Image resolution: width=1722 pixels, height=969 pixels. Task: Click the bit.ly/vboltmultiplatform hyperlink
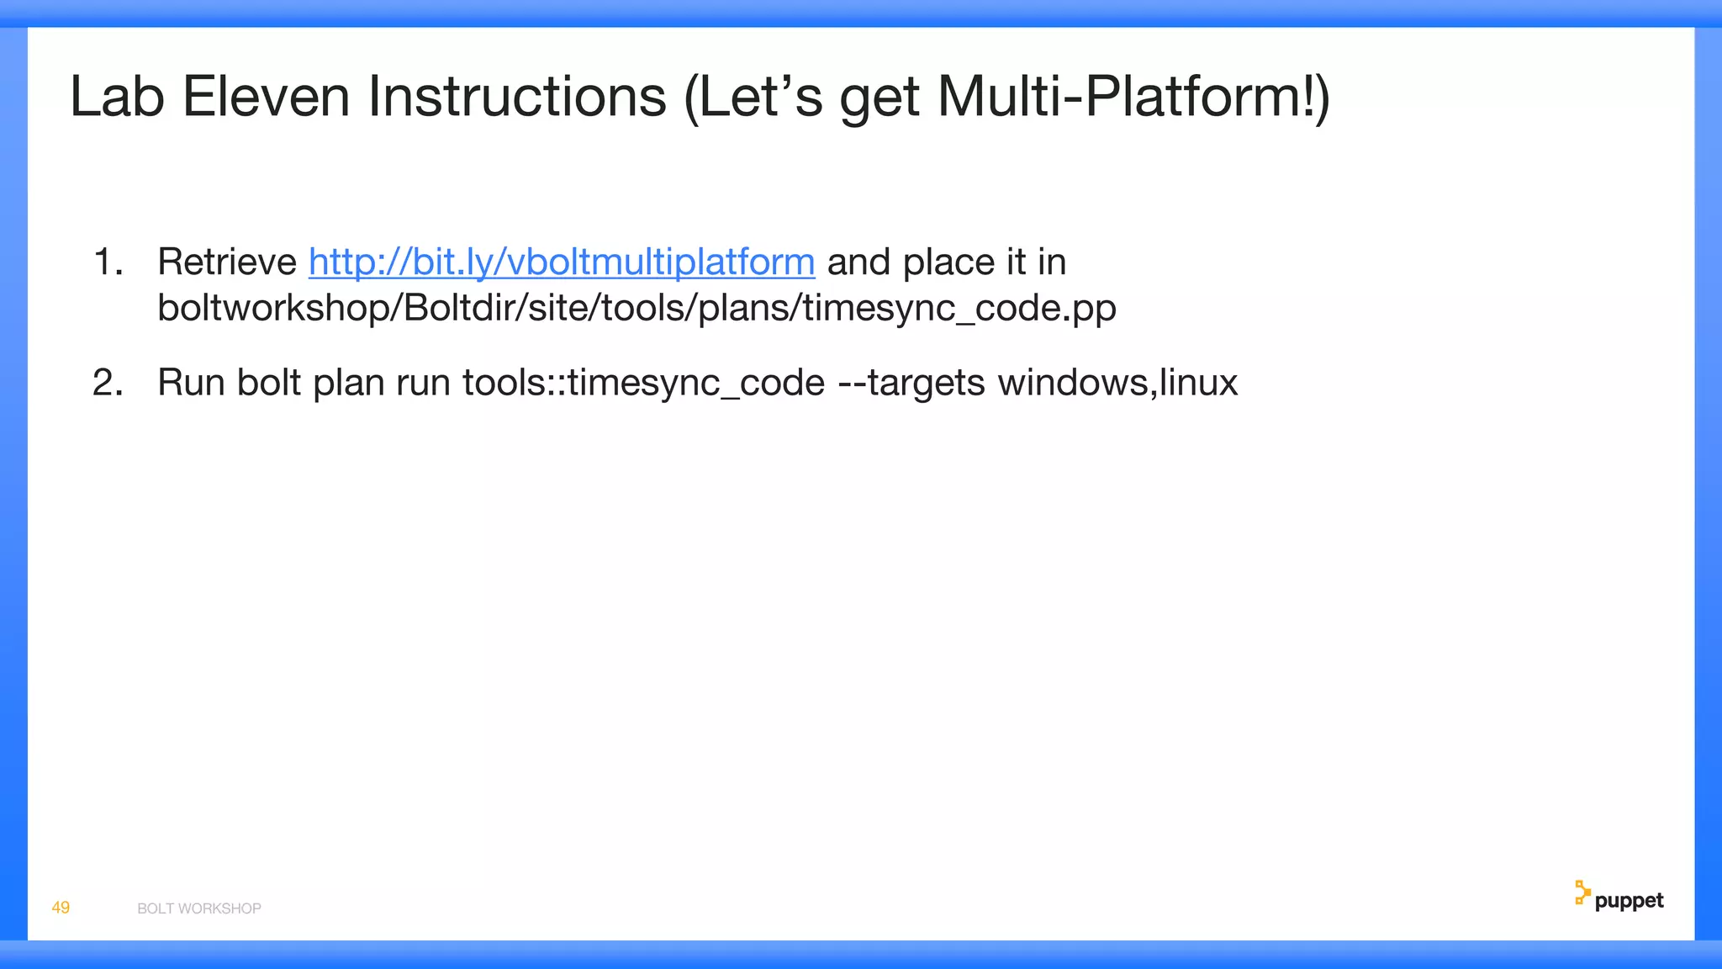(x=562, y=262)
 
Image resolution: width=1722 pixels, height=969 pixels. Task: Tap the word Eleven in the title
(x=266, y=97)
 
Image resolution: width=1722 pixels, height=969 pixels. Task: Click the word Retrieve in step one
(x=227, y=262)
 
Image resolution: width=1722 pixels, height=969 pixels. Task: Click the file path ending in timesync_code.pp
(x=637, y=308)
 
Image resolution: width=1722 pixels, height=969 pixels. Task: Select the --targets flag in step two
(x=911, y=384)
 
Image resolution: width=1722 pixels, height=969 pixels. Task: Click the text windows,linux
(x=1117, y=384)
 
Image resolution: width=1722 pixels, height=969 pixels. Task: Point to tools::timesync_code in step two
(x=643, y=384)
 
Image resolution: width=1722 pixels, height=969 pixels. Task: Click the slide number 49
(x=61, y=908)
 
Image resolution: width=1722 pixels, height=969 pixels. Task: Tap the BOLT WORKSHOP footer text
(x=199, y=908)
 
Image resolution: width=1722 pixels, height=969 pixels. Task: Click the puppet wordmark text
(x=1629, y=901)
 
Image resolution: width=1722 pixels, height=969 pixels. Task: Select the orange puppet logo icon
(x=1582, y=893)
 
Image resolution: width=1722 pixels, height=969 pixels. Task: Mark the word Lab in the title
(x=116, y=97)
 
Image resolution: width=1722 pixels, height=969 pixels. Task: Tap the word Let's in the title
(x=753, y=97)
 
